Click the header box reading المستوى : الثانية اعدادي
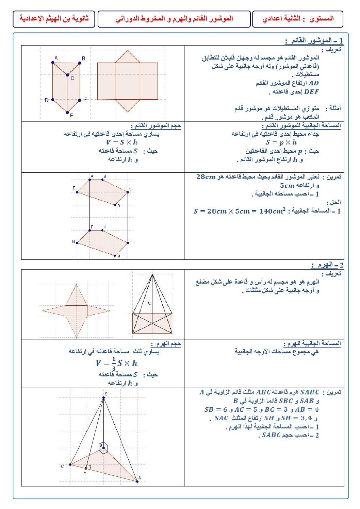(x=297, y=19)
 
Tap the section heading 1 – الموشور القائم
(x=314, y=41)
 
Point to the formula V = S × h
(x=122, y=142)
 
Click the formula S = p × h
(x=281, y=142)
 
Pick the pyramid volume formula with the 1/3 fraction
(x=116, y=363)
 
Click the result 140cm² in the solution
(x=272, y=211)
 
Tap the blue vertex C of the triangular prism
(x=67, y=75)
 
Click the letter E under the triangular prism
(x=72, y=116)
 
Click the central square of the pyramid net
(x=76, y=310)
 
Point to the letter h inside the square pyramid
(x=149, y=303)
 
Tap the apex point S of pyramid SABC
(x=104, y=397)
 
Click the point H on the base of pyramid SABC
(x=86, y=468)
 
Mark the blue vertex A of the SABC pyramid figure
(x=137, y=481)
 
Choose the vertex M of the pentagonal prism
(x=115, y=255)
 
